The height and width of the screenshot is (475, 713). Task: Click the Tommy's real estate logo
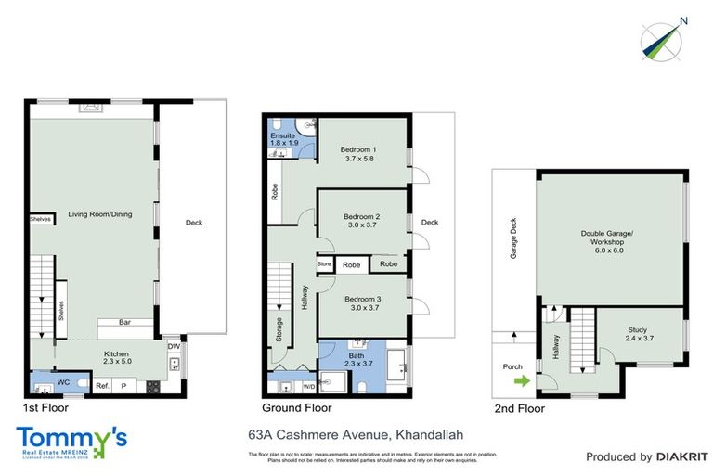coord(71,442)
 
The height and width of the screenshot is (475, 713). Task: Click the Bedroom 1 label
coord(358,155)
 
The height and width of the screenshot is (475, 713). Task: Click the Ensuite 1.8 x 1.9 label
coord(284,140)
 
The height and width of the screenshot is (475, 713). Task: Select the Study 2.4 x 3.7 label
coord(639,333)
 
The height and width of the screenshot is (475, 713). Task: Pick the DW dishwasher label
coord(174,348)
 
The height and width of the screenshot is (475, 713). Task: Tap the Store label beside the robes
coord(324,264)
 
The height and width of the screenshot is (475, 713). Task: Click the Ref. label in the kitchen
coord(102,385)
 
